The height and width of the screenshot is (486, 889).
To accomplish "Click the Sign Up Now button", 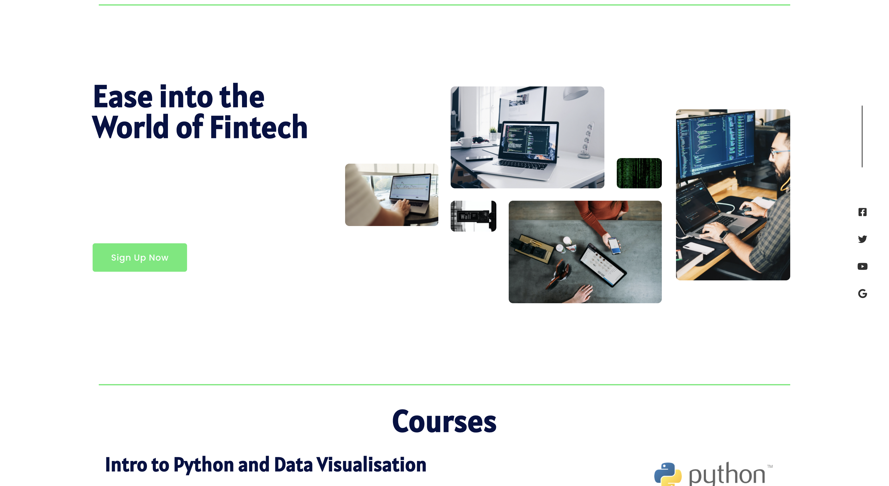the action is pos(140,258).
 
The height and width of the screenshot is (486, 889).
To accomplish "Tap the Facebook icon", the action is pos(862,212).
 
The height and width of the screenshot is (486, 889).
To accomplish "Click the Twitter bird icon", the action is pos(862,239).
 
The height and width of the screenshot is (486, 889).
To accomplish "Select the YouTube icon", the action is pos(862,266).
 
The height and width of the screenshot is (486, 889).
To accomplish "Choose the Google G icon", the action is pos(862,293).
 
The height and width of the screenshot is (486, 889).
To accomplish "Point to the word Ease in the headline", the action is pos(123,97).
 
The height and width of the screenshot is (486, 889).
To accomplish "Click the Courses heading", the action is pos(444,421).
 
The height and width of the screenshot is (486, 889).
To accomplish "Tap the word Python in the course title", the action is pos(204,465).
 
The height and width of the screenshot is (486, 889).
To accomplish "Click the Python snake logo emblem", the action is pos(668,474).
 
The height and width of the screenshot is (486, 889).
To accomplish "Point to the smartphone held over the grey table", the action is pos(614,245).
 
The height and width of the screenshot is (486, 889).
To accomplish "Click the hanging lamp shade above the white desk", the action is pos(576,93).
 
